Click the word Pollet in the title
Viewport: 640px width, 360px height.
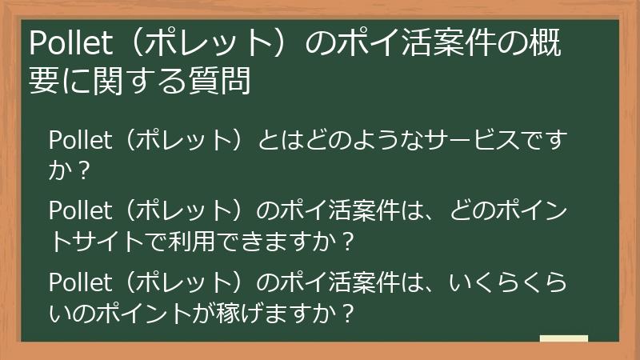66,43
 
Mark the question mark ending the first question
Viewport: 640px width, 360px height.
83,170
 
